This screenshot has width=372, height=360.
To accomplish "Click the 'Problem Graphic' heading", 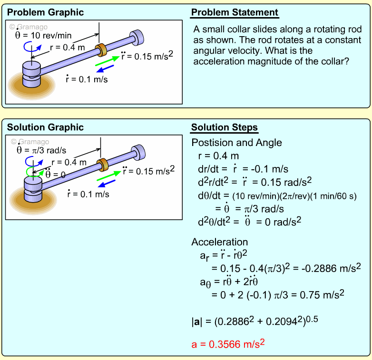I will [x=46, y=12].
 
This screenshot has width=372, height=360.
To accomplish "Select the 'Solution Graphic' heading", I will [x=46, y=127].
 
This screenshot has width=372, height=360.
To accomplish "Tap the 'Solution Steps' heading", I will [x=225, y=127].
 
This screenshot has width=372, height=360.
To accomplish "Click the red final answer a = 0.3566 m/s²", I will [x=228, y=344].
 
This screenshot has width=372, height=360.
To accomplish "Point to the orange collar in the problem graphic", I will [x=101, y=50].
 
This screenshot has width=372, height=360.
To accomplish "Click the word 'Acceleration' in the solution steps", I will [x=219, y=242].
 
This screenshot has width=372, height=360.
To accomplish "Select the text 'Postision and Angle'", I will [x=236, y=143].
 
